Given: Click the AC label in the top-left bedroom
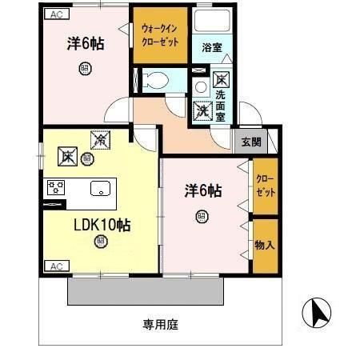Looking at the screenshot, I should [x=55, y=14].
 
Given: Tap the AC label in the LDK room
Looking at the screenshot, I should [x=55, y=266].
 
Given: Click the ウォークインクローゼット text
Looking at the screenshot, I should [x=162, y=34].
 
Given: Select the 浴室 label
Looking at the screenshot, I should [x=212, y=46].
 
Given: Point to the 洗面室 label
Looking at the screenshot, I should [x=221, y=104].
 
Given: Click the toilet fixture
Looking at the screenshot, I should [x=158, y=78].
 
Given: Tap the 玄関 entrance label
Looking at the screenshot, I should [x=251, y=142].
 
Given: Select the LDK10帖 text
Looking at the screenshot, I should [x=102, y=225].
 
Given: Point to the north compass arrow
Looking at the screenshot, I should [x=318, y=313].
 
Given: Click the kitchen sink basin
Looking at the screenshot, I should [x=99, y=189].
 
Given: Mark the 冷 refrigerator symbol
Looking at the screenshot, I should [x=100, y=139].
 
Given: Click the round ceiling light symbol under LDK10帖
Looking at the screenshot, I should [x=100, y=240].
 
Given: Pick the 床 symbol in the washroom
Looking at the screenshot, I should [x=222, y=80].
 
